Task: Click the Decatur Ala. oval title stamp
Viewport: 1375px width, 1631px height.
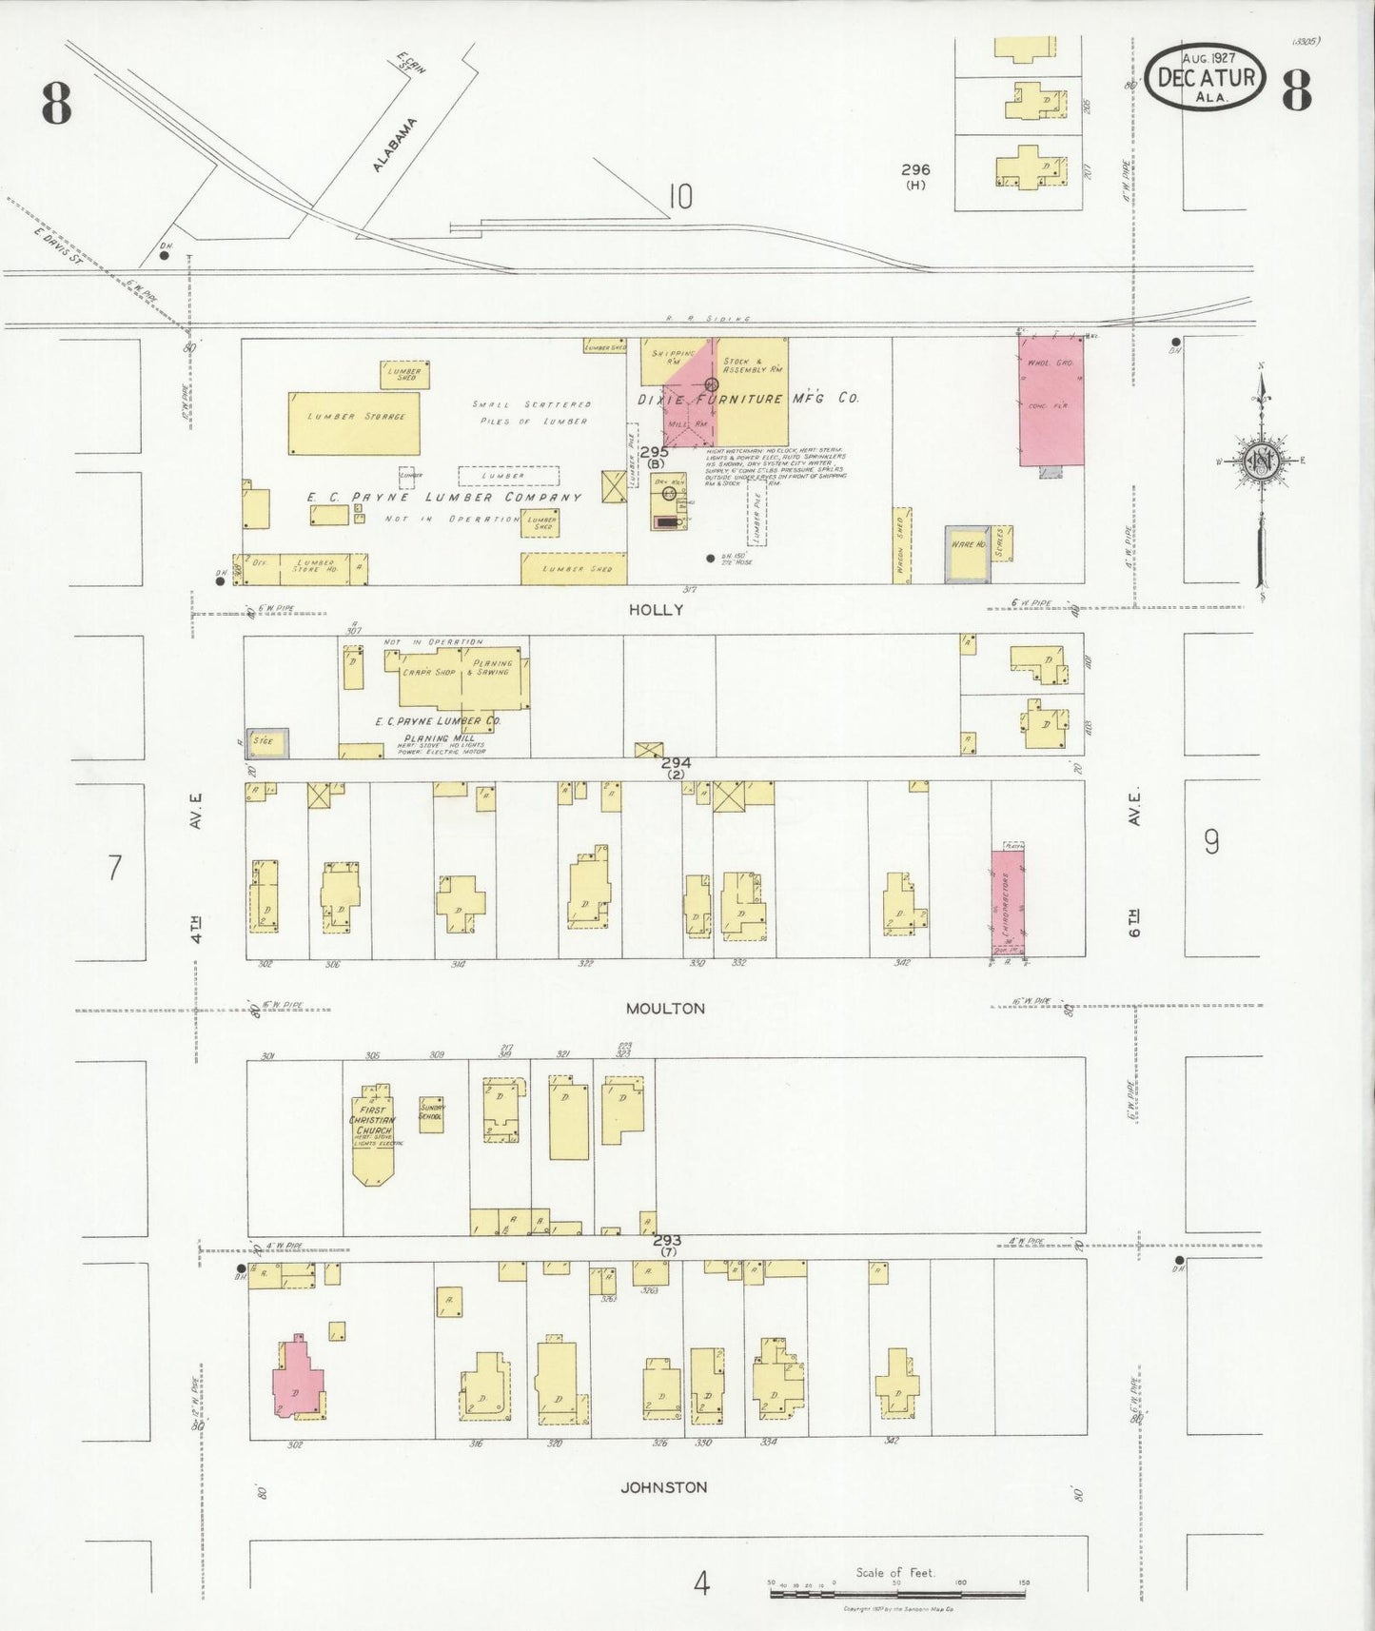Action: coord(1206,76)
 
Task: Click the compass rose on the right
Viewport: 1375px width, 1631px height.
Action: coord(1262,461)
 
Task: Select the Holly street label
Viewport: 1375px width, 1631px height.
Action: coord(656,610)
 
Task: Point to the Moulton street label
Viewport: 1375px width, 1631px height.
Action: coord(665,1008)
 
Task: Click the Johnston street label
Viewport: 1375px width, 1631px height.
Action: coord(663,1486)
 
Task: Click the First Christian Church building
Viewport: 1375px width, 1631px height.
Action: coord(373,1132)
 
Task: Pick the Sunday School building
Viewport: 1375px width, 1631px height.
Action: coord(431,1113)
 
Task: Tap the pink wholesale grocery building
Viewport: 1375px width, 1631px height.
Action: coord(1051,401)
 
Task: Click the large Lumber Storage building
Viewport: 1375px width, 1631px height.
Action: coord(354,423)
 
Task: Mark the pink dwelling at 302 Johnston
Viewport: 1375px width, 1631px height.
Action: coord(297,1382)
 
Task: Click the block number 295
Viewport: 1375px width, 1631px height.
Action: coord(654,453)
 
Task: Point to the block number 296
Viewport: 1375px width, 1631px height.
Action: coord(915,170)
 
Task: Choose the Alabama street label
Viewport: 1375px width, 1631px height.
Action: coord(394,145)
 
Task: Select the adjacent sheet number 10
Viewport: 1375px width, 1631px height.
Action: coord(679,197)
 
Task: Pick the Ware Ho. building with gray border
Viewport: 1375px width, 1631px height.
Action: coord(968,553)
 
